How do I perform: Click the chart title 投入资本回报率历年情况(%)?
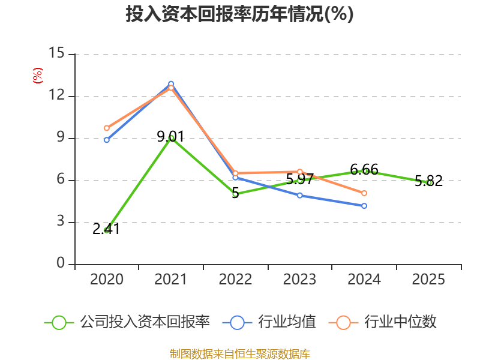click(239, 14)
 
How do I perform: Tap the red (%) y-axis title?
click(37, 76)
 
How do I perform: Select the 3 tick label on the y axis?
click(61, 222)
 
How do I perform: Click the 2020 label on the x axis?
click(107, 280)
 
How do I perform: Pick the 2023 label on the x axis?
click(299, 280)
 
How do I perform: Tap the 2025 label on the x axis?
click(428, 280)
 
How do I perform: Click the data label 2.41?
click(106, 229)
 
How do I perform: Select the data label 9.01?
click(170, 136)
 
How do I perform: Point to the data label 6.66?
click(364, 170)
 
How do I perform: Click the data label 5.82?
click(428, 181)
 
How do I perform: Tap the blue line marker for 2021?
click(171, 83)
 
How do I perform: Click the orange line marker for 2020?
click(107, 128)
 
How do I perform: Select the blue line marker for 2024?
click(364, 206)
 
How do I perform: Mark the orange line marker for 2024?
click(364, 193)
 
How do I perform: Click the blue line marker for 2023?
click(300, 195)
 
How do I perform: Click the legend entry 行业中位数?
click(383, 322)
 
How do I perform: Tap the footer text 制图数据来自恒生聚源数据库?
click(239, 353)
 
